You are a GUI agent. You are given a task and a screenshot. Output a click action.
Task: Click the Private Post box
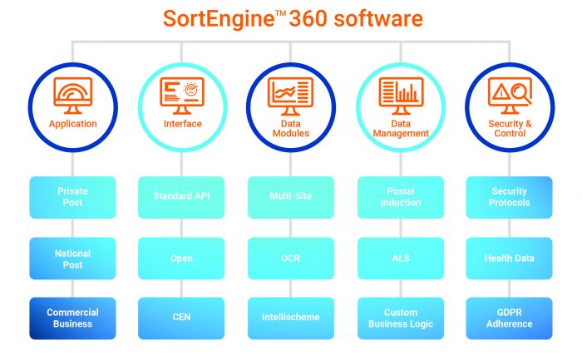(x=73, y=197)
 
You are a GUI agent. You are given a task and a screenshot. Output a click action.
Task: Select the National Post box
(x=73, y=259)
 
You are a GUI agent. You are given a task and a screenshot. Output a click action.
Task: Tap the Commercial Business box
(x=73, y=318)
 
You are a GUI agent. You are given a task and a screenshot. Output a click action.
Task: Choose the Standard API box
(x=181, y=197)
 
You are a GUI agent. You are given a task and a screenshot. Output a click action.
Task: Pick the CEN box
(x=181, y=318)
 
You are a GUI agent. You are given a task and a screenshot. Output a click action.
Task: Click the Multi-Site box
(x=291, y=197)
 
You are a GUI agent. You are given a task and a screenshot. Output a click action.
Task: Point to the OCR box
(x=291, y=259)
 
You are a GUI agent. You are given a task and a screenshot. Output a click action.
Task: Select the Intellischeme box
(x=291, y=318)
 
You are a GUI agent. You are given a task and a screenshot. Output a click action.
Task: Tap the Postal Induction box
(x=401, y=197)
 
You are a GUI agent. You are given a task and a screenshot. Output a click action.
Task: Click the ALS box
(x=401, y=259)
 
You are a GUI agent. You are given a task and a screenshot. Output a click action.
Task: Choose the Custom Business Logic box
(x=401, y=318)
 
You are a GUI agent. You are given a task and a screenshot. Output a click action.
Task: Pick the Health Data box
(x=509, y=259)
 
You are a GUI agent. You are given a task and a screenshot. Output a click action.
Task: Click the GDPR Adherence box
(x=509, y=318)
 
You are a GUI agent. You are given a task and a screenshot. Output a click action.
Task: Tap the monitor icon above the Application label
(x=73, y=96)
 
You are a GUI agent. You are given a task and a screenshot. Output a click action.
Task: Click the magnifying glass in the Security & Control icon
(x=520, y=94)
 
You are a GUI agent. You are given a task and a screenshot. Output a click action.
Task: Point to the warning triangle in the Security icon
(x=501, y=91)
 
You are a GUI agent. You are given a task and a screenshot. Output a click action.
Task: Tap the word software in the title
(x=378, y=18)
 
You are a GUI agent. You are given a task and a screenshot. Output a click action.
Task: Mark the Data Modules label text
(x=291, y=128)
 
